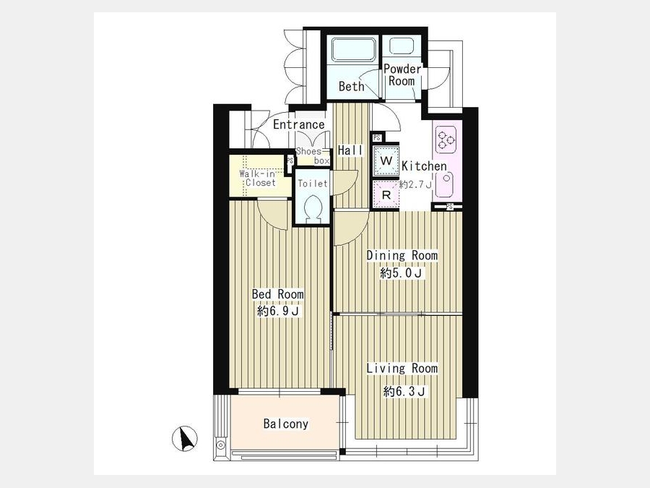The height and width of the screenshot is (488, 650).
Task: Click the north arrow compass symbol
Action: pyautogui.click(x=184, y=439)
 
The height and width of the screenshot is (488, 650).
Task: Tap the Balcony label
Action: pyautogui.click(x=286, y=424)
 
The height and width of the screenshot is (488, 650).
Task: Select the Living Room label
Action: pyautogui.click(x=402, y=368)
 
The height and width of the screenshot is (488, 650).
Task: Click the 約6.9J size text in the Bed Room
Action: pyautogui.click(x=278, y=311)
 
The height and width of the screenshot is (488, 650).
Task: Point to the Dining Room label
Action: pyautogui.click(x=402, y=255)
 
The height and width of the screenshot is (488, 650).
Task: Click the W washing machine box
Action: pyautogui.click(x=386, y=160)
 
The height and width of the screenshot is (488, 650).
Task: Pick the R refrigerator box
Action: pyautogui.click(x=386, y=194)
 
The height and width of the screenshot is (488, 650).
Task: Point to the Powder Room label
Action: pyautogui.click(x=402, y=74)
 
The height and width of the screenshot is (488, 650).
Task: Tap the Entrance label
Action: pyautogui.click(x=298, y=124)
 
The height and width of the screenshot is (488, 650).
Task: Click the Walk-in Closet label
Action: pyautogui.click(x=257, y=178)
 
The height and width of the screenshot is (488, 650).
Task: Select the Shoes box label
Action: pyautogui.click(x=313, y=155)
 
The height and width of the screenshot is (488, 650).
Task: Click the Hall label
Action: pyautogui.click(x=350, y=150)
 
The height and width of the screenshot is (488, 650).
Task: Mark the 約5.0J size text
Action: pyautogui.click(x=402, y=273)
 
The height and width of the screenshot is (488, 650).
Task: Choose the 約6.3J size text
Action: pyautogui.click(x=404, y=391)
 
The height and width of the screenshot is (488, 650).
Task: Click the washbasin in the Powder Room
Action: pyautogui.click(x=399, y=46)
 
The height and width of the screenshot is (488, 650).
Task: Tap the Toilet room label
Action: pyautogui.click(x=313, y=183)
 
